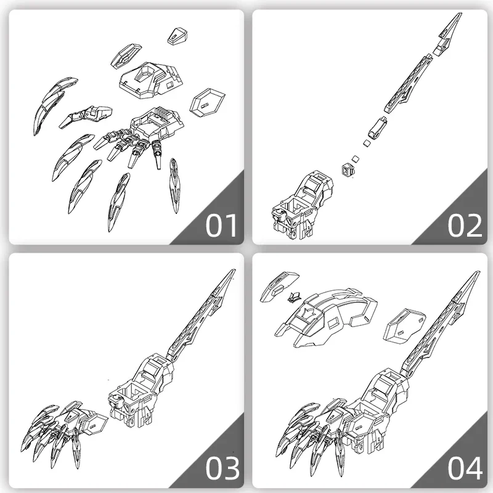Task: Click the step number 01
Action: coord(221,226)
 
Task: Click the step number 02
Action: coord(465,226)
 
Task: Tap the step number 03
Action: coord(222,468)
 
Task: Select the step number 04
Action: coord(465,468)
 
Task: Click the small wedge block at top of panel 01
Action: coord(177,36)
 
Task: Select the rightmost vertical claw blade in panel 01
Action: coord(174,185)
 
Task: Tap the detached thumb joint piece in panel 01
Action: coord(86,116)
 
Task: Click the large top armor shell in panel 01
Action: coord(151,79)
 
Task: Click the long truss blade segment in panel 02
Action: coord(409,83)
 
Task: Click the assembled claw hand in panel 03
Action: coord(63,430)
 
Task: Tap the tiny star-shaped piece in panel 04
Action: coord(294,297)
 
